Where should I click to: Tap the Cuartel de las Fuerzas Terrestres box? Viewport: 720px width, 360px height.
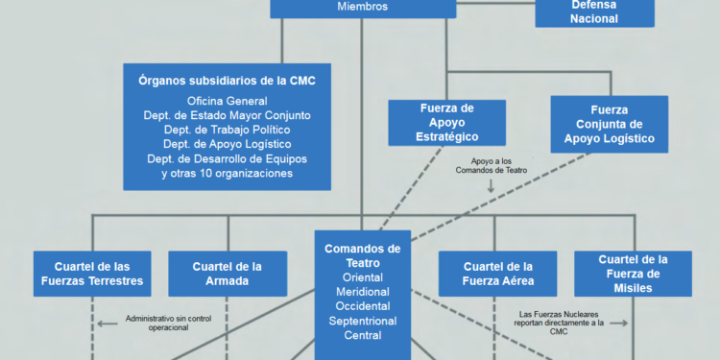coord(93,274)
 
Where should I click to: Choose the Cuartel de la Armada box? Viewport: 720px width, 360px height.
coord(228,274)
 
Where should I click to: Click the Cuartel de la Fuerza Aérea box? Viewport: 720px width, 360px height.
coord(498,274)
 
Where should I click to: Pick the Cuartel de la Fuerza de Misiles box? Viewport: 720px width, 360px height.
coord(633,274)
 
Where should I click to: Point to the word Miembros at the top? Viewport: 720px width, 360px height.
coord(362,6)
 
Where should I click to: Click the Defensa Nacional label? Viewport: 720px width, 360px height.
coord(594,12)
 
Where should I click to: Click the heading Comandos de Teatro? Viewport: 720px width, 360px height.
coord(362,254)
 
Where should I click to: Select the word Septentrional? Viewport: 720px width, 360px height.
coord(362,321)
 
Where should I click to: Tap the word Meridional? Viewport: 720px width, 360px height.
coord(362,292)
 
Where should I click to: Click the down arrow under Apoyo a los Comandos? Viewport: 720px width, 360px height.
coord(490,186)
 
